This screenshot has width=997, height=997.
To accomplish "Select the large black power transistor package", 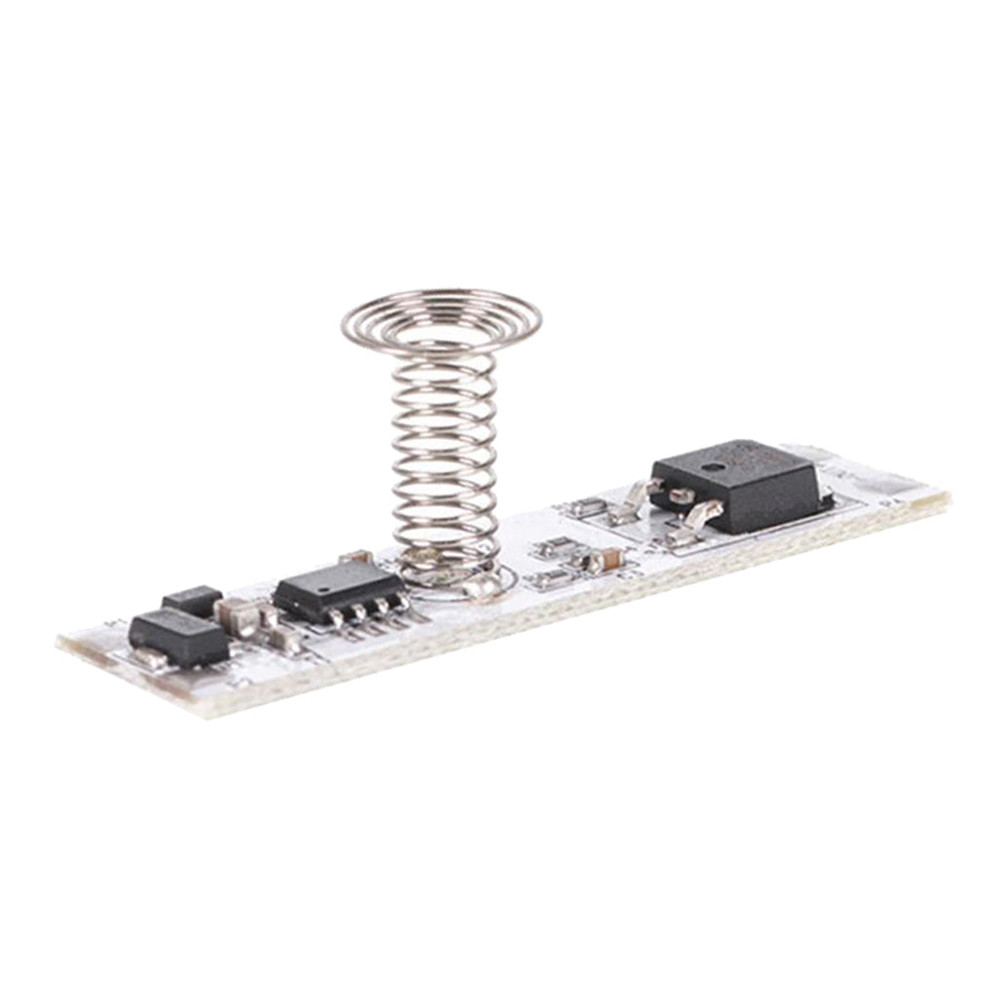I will click(x=736, y=484).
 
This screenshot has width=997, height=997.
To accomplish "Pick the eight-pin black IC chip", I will click(x=338, y=589).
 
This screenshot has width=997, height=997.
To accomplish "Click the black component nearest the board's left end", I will click(x=178, y=637).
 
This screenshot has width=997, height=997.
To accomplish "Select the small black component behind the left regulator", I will click(x=192, y=600).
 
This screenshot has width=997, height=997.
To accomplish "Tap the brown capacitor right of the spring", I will click(x=609, y=559).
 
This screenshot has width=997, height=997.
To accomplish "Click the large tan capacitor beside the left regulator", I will click(x=236, y=615).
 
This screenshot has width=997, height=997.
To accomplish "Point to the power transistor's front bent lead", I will click(x=695, y=521).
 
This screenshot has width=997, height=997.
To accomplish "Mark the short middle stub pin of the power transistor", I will click(x=682, y=496).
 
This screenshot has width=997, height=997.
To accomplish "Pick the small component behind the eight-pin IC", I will click(x=355, y=557).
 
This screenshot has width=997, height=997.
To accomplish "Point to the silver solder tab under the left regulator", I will click(x=151, y=657).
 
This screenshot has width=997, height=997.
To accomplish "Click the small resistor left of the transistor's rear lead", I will click(x=588, y=506).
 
